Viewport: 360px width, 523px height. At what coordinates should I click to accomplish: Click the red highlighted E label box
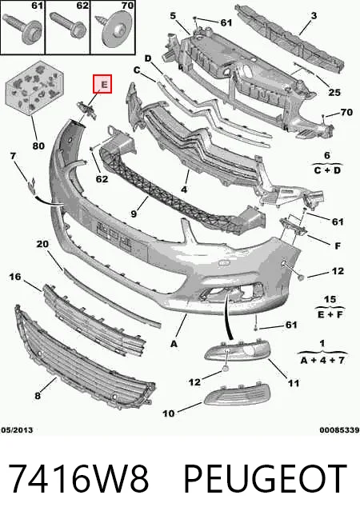[102, 84]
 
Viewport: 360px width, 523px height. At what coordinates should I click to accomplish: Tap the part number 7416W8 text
[78, 478]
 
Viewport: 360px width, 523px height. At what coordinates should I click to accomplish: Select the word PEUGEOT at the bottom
[265, 478]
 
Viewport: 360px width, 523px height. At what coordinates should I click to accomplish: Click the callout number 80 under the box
[38, 146]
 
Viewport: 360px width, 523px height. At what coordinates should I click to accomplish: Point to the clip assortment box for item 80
[34, 87]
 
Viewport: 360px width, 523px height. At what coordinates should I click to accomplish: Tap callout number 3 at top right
[314, 15]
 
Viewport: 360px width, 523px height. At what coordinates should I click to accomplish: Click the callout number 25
[334, 92]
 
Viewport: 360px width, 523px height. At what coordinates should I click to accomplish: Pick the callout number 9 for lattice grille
[134, 214]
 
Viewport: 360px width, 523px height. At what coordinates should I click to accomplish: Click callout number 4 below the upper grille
[184, 190]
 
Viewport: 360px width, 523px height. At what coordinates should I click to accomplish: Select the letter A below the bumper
[174, 343]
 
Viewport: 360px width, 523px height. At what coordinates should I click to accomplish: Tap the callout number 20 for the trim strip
[42, 244]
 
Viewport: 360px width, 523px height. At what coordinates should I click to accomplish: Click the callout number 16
[14, 277]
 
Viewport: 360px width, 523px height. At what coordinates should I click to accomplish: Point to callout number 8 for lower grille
[38, 396]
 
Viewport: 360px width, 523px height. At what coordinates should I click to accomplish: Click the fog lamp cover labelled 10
[237, 395]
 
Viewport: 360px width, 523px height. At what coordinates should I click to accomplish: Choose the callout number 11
[294, 383]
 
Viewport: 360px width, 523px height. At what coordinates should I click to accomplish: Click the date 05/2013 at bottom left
[17, 430]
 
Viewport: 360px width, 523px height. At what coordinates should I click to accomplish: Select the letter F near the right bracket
[338, 246]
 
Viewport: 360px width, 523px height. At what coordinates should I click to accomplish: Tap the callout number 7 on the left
[13, 156]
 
